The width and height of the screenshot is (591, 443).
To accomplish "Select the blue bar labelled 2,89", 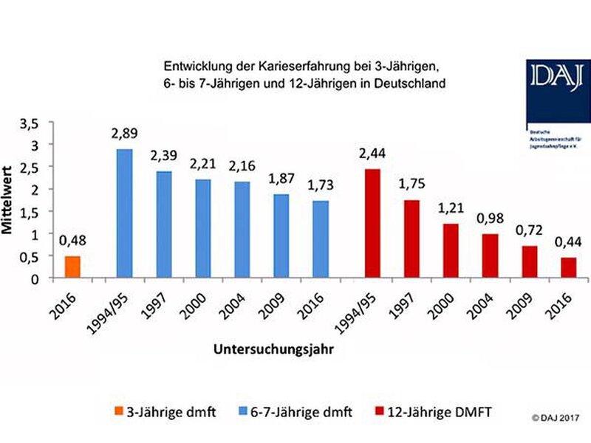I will coord(124,214).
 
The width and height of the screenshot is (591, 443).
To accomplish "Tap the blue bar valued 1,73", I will coord(321,240).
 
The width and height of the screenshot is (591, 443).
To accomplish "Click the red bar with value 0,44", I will coord(568,268).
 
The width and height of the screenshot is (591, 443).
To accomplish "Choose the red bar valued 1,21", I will coord(451,251).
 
